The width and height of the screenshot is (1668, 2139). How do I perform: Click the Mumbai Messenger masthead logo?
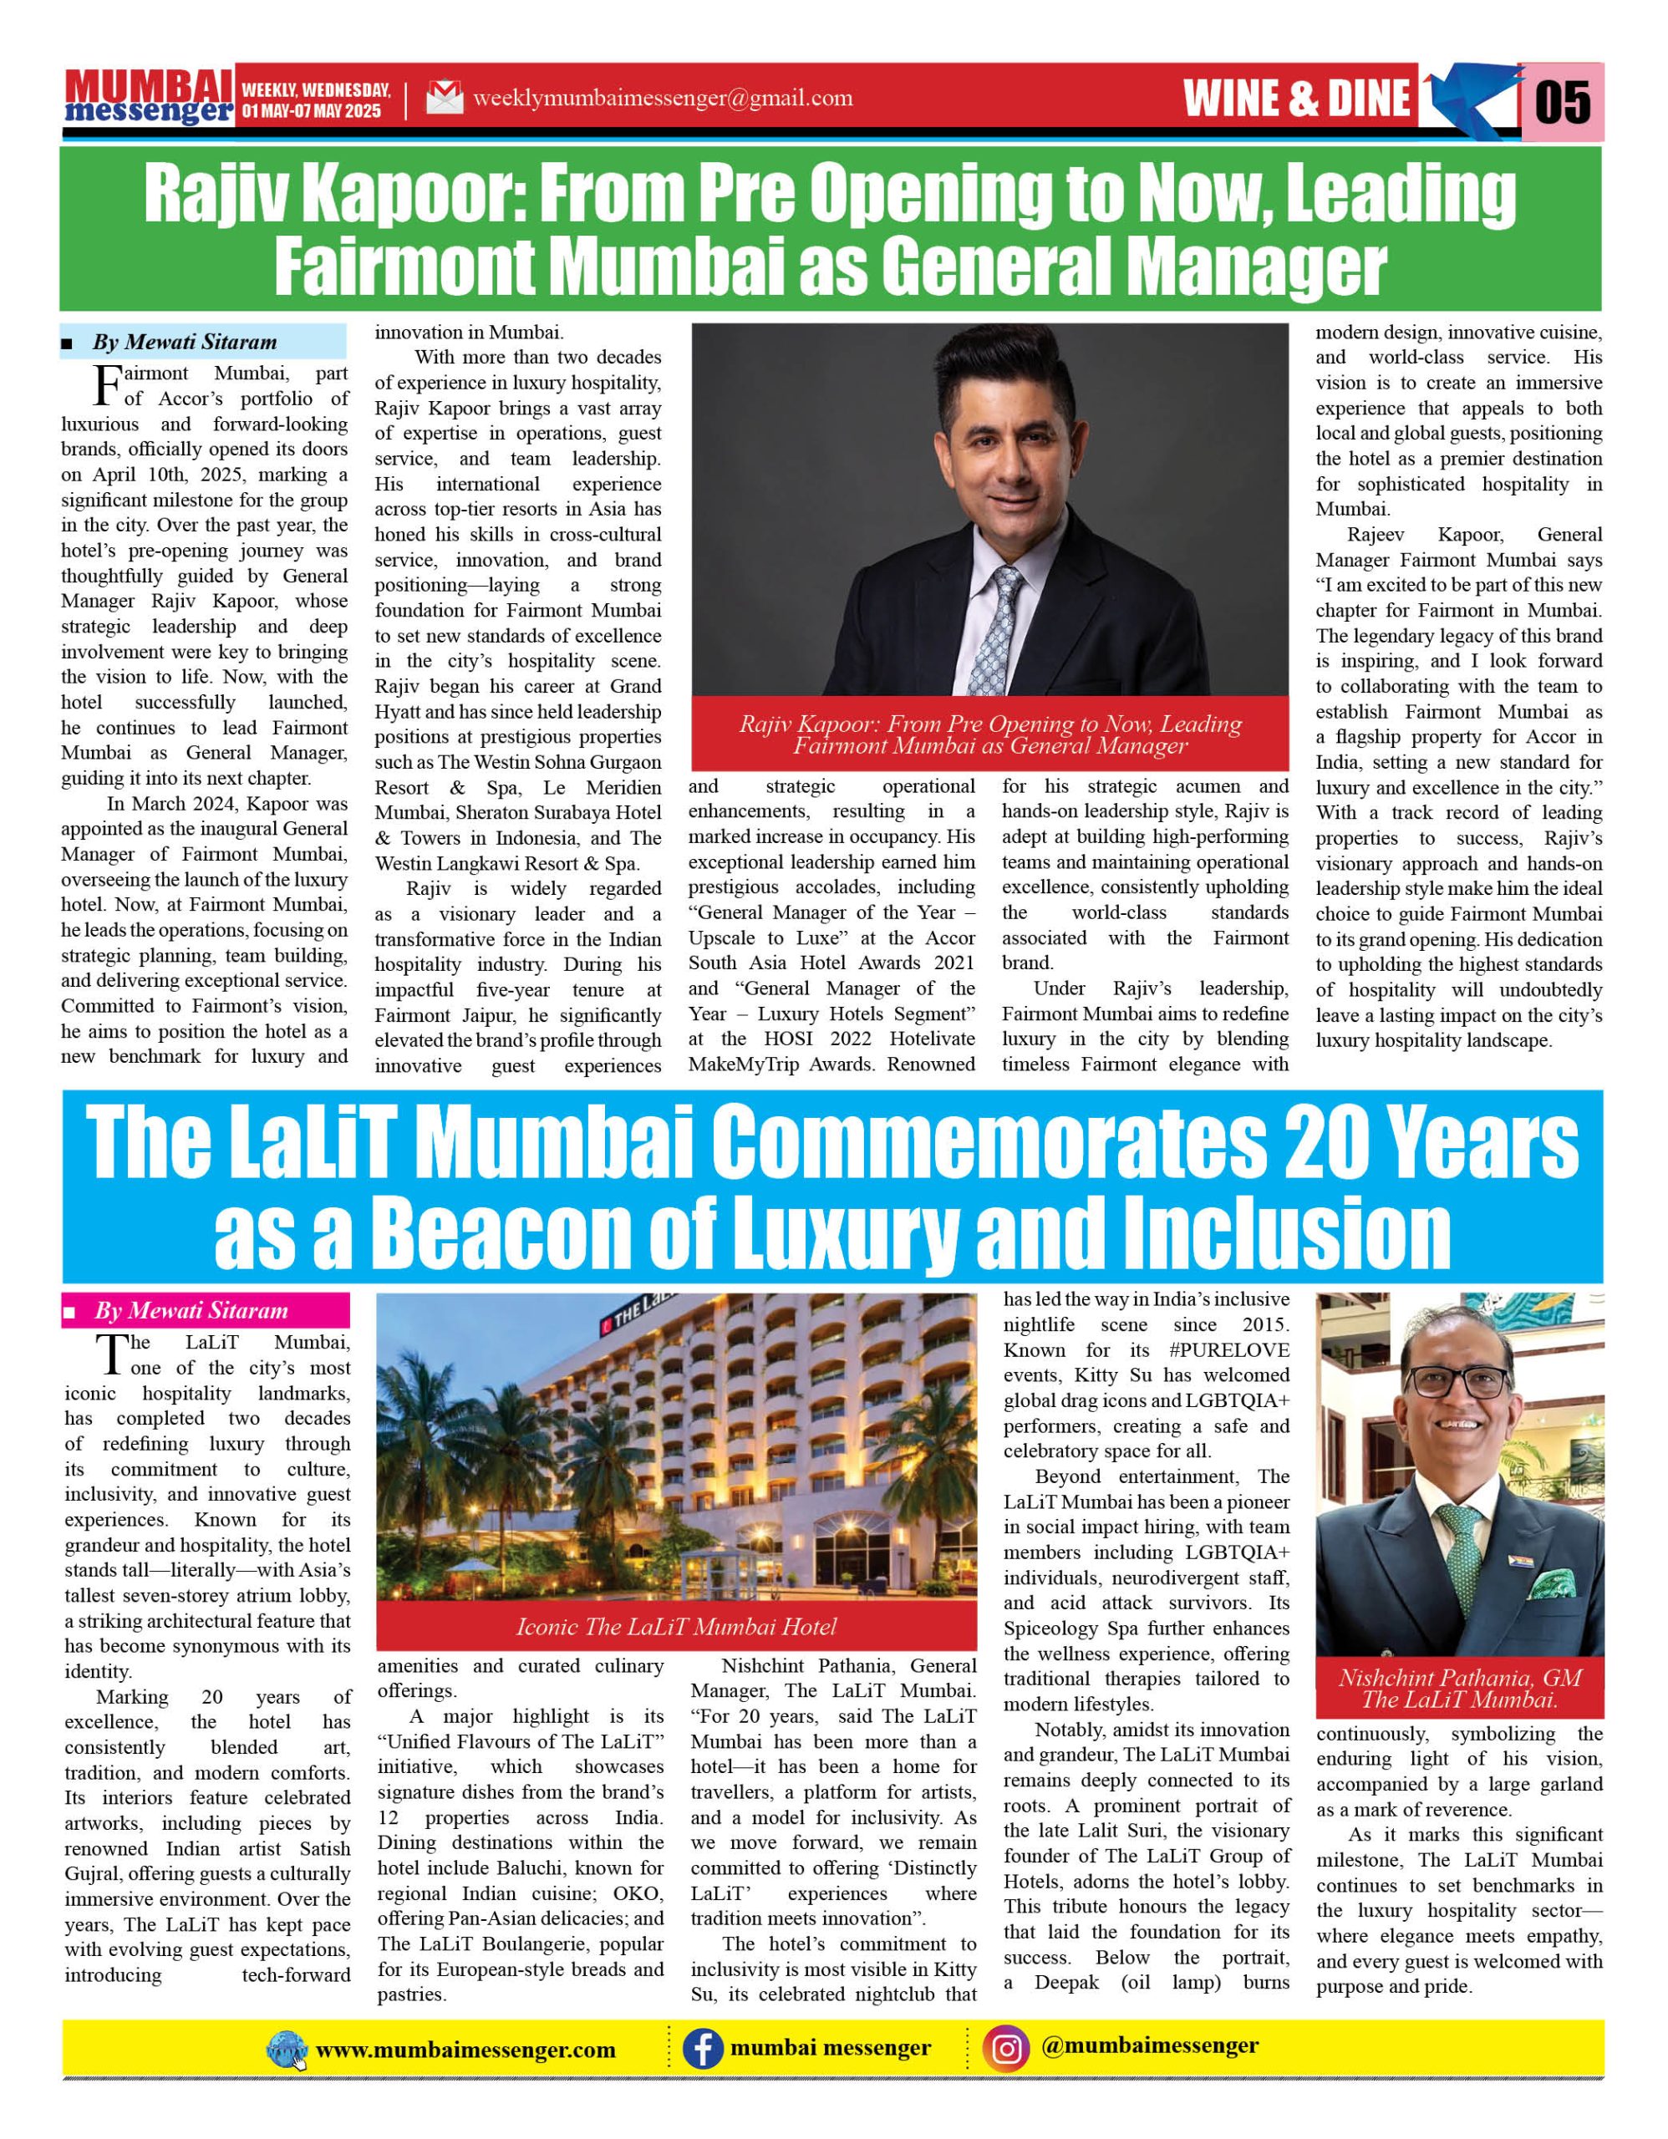coord(149,98)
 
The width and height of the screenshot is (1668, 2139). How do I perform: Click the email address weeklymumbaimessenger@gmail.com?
coord(662,99)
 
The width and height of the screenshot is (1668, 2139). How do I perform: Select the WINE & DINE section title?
coord(1297,99)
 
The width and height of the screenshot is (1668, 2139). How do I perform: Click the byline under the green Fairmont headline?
coord(184,342)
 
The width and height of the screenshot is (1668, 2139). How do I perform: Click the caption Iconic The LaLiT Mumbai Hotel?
coord(676,1627)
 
